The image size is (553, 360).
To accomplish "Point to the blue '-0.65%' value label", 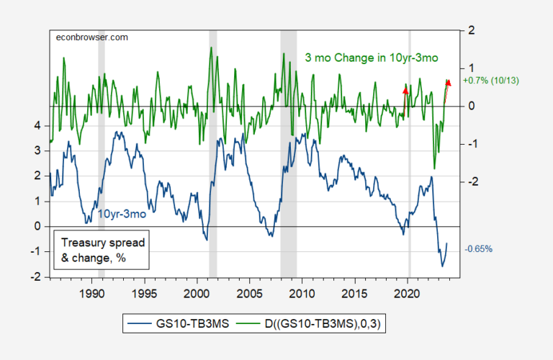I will tap(479, 249).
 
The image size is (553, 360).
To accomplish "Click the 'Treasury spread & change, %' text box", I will tap(93, 249).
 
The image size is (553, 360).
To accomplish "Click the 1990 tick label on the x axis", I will tap(92, 292).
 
